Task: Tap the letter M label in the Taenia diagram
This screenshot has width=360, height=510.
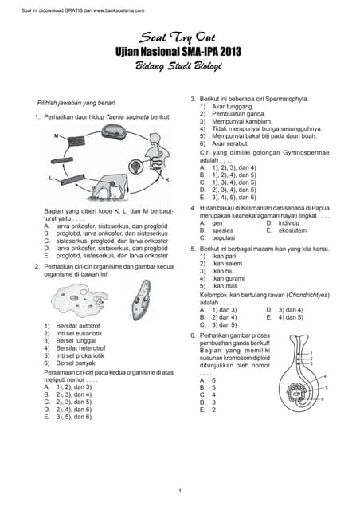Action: click(x=57, y=135)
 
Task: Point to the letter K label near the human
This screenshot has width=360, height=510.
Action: click(x=166, y=180)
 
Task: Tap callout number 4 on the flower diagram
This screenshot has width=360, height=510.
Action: click(x=324, y=375)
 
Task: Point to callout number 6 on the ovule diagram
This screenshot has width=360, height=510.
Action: click(x=322, y=398)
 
